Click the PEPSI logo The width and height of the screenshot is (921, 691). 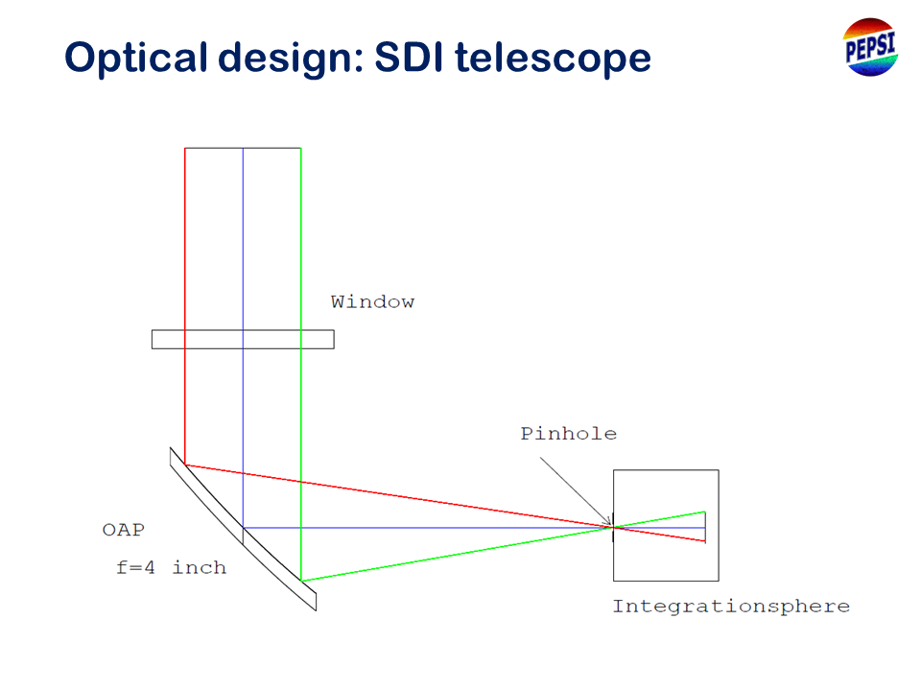pyautogui.click(x=870, y=47)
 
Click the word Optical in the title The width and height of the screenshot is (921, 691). pyautogui.click(x=135, y=58)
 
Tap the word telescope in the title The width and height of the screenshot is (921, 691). pyautogui.click(x=553, y=58)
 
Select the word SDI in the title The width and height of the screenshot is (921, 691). pyautogui.click(x=409, y=57)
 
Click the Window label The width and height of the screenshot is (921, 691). pyautogui.click(x=372, y=302)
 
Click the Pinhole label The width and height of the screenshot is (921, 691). pyautogui.click(x=569, y=434)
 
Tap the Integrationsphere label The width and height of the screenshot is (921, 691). pyautogui.click(x=731, y=607)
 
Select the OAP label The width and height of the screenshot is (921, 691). pyautogui.click(x=124, y=530)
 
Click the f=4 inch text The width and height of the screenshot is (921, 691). pyautogui.click(x=171, y=567)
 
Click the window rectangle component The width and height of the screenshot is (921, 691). pyautogui.click(x=243, y=340)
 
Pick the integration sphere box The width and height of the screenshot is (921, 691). pyautogui.click(x=666, y=470)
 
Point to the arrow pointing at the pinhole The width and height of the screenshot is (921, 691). pyautogui.click(x=576, y=491)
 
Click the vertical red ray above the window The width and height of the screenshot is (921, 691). pyautogui.click(x=185, y=239)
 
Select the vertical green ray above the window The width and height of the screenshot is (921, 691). pyautogui.click(x=301, y=239)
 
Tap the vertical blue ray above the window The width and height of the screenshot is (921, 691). pyautogui.click(x=243, y=239)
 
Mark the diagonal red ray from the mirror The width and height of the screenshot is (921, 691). pyautogui.click(x=399, y=496)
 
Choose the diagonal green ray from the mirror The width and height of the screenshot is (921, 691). pyautogui.click(x=457, y=554)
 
